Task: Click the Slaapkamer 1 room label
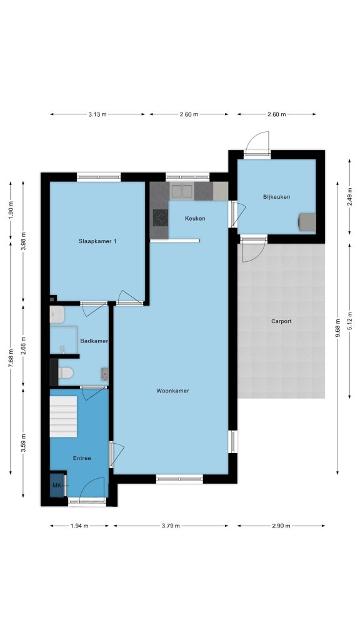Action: coord(97,241)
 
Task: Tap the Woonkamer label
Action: coord(172,391)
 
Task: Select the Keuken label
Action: coord(195,218)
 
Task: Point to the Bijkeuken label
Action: coord(277,197)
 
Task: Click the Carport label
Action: coord(282,321)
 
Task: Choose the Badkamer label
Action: coord(94,341)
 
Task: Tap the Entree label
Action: coord(82,458)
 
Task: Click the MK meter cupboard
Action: coord(57,485)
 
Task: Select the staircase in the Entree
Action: coord(63,416)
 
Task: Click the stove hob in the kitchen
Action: coord(161,217)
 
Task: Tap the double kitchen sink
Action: coord(182,191)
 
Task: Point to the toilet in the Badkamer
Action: coord(66,372)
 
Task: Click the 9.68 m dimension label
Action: coord(337,328)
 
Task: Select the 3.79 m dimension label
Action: coord(171,526)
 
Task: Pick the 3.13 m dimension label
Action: coord(97,114)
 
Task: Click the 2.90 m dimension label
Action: coord(281,526)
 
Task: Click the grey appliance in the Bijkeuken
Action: coord(307,222)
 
